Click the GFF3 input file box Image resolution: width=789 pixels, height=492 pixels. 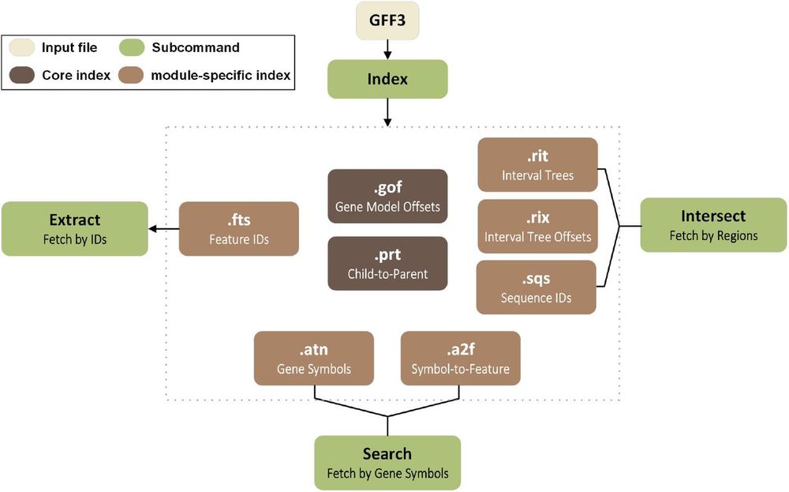tap(387, 21)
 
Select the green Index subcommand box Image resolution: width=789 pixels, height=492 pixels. tap(387, 79)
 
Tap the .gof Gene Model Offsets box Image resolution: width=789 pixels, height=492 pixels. tap(387, 196)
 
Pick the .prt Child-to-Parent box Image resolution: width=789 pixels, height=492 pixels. tap(387, 263)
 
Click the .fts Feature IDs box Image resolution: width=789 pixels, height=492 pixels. tap(239, 229)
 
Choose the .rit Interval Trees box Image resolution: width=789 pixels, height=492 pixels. tap(537, 165)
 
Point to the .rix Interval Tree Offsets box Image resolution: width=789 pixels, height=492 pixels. tap(537, 226)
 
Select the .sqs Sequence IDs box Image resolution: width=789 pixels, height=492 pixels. tap(536, 287)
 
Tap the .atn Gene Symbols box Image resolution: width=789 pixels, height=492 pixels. tap(314, 358)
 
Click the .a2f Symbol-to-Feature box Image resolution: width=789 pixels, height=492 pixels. tap(461, 358)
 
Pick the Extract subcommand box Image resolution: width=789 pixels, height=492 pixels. tap(75, 229)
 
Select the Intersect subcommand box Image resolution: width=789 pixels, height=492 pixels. tap(713, 224)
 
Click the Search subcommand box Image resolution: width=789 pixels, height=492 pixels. tap(387, 462)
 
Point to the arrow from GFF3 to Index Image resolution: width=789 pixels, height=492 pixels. tap(387, 50)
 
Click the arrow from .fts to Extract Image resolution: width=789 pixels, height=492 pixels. tap(163, 229)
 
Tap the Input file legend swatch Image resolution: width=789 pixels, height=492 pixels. tap(21, 47)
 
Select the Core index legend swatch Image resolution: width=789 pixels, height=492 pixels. tap(21, 75)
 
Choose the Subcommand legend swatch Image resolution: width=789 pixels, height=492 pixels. tap(132, 47)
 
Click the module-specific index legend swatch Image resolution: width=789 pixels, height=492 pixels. tap(131, 75)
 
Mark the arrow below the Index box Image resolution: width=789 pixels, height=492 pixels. tap(387, 112)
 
